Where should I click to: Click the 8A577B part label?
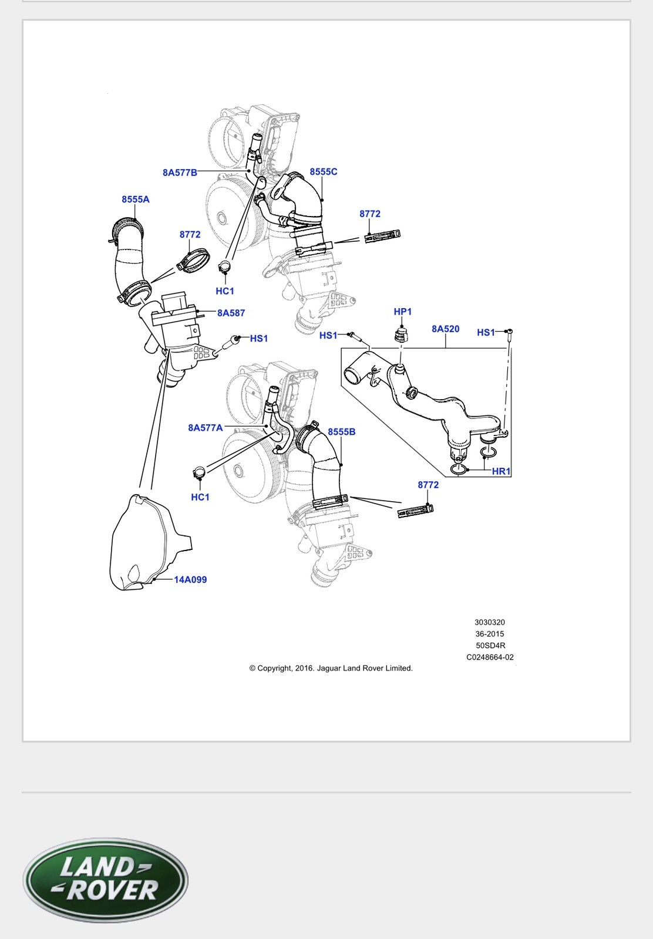tap(180, 173)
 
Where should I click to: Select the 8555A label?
tap(136, 200)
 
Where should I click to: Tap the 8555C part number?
tap(324, 172)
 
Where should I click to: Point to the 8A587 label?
tap(231, 313)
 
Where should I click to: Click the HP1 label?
tap(403, 312)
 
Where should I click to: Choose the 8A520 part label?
tap(445, 329)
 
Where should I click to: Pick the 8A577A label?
tap(206, 428)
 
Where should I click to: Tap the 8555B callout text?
tap(342, 432)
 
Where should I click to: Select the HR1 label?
tap(501, 471)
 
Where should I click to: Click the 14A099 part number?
tap(190, 580)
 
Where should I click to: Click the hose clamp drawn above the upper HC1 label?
tap(223, 269)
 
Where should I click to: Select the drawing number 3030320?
tap(490, 622)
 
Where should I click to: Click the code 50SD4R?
tap(490, 646)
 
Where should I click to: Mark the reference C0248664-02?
tap(490, 657)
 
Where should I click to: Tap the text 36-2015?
tap(490, 634)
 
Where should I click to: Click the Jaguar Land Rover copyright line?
tap(331, 668)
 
